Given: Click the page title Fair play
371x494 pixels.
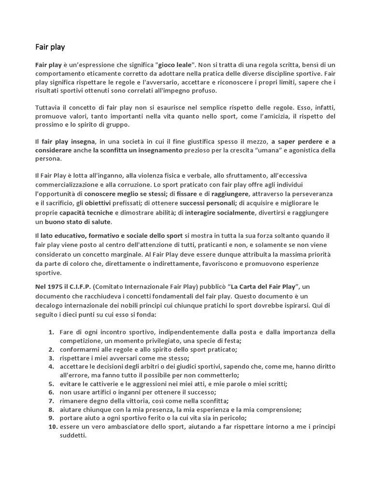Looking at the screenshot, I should point(50,47).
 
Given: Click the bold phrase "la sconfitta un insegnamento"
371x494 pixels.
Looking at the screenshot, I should point(138,150).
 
